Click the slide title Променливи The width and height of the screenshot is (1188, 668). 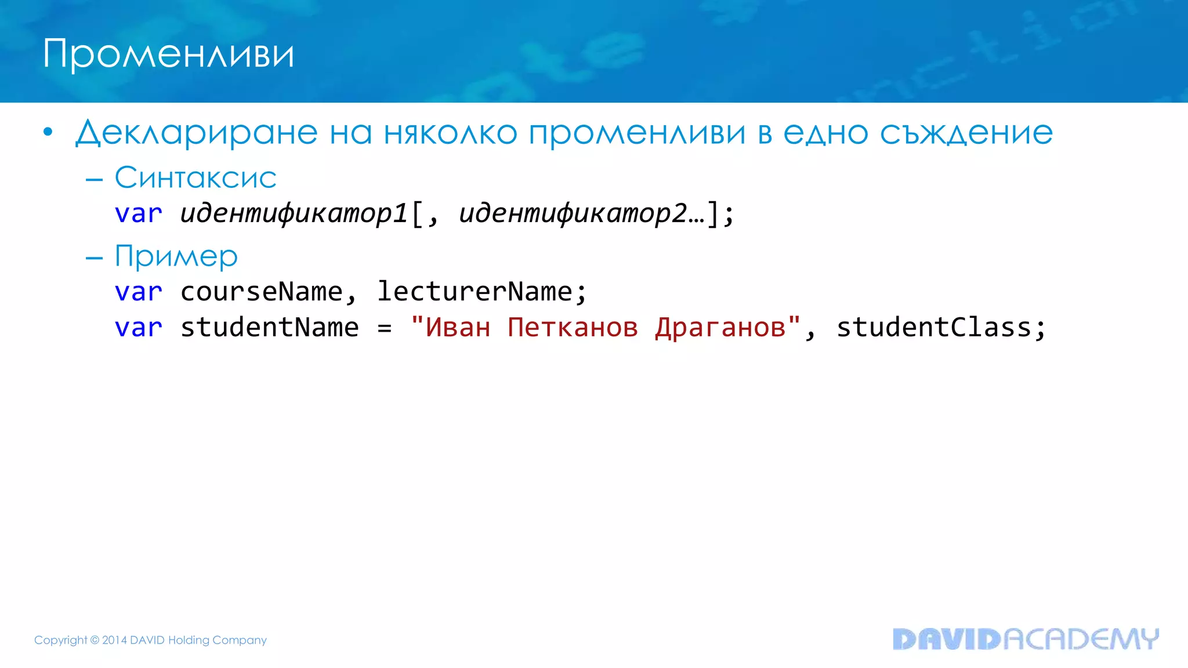coord(168,55)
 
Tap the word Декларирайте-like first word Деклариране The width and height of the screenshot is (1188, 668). coord(197,133)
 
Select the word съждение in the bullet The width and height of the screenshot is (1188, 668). coord(966,133)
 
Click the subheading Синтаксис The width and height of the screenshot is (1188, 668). coord(195,177)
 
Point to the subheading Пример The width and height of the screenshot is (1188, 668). coord(176,256)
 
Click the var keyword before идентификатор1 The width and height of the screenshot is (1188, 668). coord(138,214)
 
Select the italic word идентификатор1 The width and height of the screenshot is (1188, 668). coord(294,214)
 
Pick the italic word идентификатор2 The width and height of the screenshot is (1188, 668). coord(573,214)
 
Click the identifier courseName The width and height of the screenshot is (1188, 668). coord(262,292)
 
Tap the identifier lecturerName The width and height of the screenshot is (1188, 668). coord(475,292)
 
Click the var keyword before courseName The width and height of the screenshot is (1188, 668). coord(138,292)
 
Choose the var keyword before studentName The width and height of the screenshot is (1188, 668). coord(138,328)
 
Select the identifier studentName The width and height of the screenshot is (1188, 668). coord(270,328)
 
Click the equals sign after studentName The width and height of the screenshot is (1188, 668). coord(384,328)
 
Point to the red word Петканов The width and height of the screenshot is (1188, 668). coord(573,328)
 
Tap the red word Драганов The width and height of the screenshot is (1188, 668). coord(720,328)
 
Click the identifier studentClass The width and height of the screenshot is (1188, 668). coord(933,328)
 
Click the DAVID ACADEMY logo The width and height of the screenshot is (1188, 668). coord(1026,639)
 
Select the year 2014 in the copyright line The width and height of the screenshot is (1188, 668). coord(114,640)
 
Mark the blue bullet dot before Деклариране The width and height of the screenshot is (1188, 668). coord(48,133)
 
